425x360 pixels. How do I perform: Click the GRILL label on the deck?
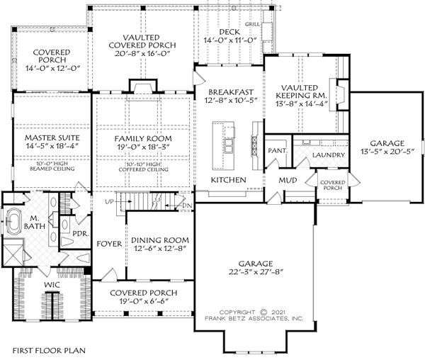251,24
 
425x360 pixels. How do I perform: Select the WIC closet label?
51,285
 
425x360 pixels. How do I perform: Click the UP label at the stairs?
108,202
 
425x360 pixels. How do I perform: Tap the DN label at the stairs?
187,206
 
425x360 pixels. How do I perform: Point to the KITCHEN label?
228,181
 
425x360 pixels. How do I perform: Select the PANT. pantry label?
276,151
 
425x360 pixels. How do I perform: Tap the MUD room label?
287,181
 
